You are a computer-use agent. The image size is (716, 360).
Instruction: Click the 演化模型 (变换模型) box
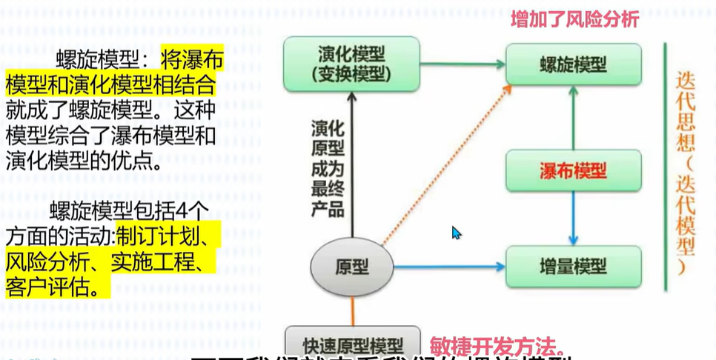coord(351,64)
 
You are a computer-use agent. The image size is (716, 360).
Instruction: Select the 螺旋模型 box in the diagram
coord(573,64)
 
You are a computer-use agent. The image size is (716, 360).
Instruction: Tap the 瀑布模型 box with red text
coord(573,171)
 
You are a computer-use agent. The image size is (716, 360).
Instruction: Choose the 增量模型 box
coord(573,266)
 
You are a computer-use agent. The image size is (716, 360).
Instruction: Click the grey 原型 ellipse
coord(351,266)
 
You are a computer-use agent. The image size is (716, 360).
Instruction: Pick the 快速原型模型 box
coord(353,344)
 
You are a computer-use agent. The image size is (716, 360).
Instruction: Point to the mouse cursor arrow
coord(456,233)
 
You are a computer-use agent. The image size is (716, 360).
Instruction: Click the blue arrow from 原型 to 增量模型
coord(448,266)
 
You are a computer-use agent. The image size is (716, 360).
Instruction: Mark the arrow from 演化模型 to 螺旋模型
coord(463,64)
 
